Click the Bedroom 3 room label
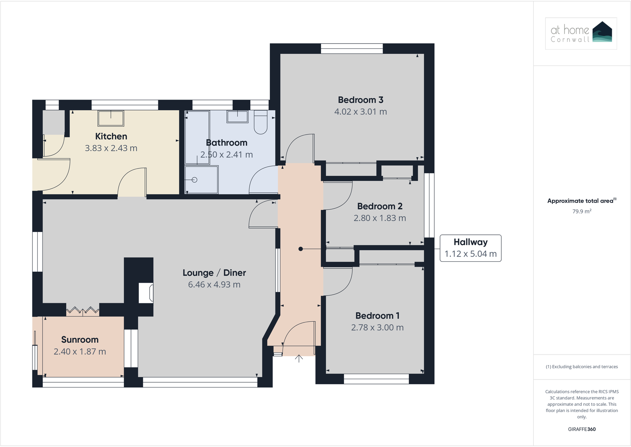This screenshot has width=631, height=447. (360, 100)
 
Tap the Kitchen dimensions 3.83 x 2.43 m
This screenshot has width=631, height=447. (111, 148)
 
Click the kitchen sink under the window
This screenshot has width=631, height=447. (111, 118)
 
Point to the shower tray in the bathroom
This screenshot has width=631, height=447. (202, 180)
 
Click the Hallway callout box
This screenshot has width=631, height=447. (470, 248)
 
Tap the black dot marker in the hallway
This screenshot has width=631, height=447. (301, 249)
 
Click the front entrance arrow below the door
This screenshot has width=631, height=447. (299, 359)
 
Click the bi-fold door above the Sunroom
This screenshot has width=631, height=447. (83, 310)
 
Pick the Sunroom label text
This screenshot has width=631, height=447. (80, 340)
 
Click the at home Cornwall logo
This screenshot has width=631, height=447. (581, 33)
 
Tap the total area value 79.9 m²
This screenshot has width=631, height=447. (581, 211)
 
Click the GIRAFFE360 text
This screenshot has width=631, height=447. (581, 429)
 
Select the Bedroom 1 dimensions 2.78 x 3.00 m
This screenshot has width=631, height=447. (377, 328)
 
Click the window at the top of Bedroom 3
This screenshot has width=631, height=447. (352, 48)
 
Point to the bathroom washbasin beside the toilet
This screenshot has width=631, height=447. (237, 117)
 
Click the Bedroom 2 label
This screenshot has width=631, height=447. (379, 206)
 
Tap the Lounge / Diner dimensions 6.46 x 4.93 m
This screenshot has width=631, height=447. (214, 285)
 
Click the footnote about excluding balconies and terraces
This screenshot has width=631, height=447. (581, 367)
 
